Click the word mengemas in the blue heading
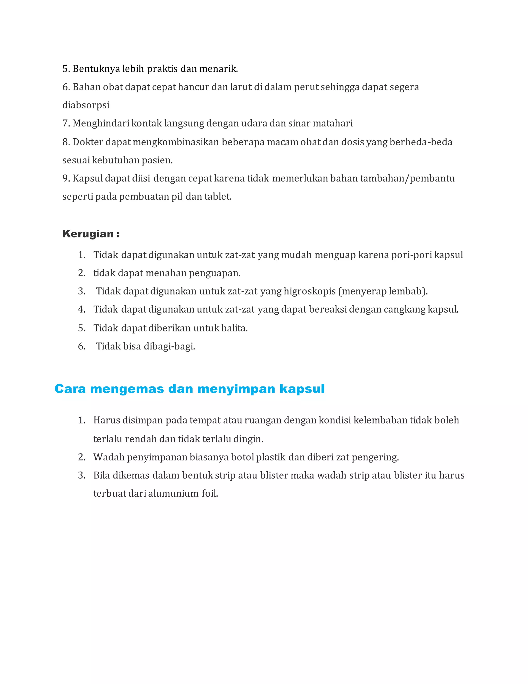(127, 389)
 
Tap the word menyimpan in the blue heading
(236, 389)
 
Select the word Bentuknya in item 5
(96, 69)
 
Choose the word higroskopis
(310, 291)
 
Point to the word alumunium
(173, 494)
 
